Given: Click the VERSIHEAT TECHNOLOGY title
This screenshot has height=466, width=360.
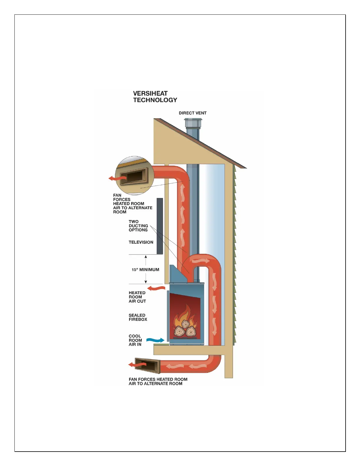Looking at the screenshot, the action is (155, 97).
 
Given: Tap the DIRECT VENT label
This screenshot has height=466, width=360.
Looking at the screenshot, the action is (193, 113).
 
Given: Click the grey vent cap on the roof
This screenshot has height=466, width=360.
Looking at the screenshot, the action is (193, 123).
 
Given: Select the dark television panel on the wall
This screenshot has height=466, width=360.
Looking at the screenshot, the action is (160, 226).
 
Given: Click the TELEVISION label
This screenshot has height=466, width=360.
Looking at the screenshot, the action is (141, 242).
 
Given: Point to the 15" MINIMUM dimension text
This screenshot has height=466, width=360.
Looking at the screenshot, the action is (145, 269).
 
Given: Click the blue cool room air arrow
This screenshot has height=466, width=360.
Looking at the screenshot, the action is (155, 340).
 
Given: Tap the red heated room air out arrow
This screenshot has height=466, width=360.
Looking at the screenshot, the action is (156, 288).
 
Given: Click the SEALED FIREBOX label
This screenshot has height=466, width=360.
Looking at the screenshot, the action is (138, 317).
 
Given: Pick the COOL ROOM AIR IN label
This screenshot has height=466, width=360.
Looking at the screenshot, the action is (135, 340).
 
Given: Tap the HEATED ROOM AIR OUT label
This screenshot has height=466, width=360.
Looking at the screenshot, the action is (137, 297).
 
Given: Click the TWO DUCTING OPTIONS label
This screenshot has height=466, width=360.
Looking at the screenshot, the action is (138, 226).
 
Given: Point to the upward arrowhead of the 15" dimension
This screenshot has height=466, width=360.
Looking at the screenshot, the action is (146, 257).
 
